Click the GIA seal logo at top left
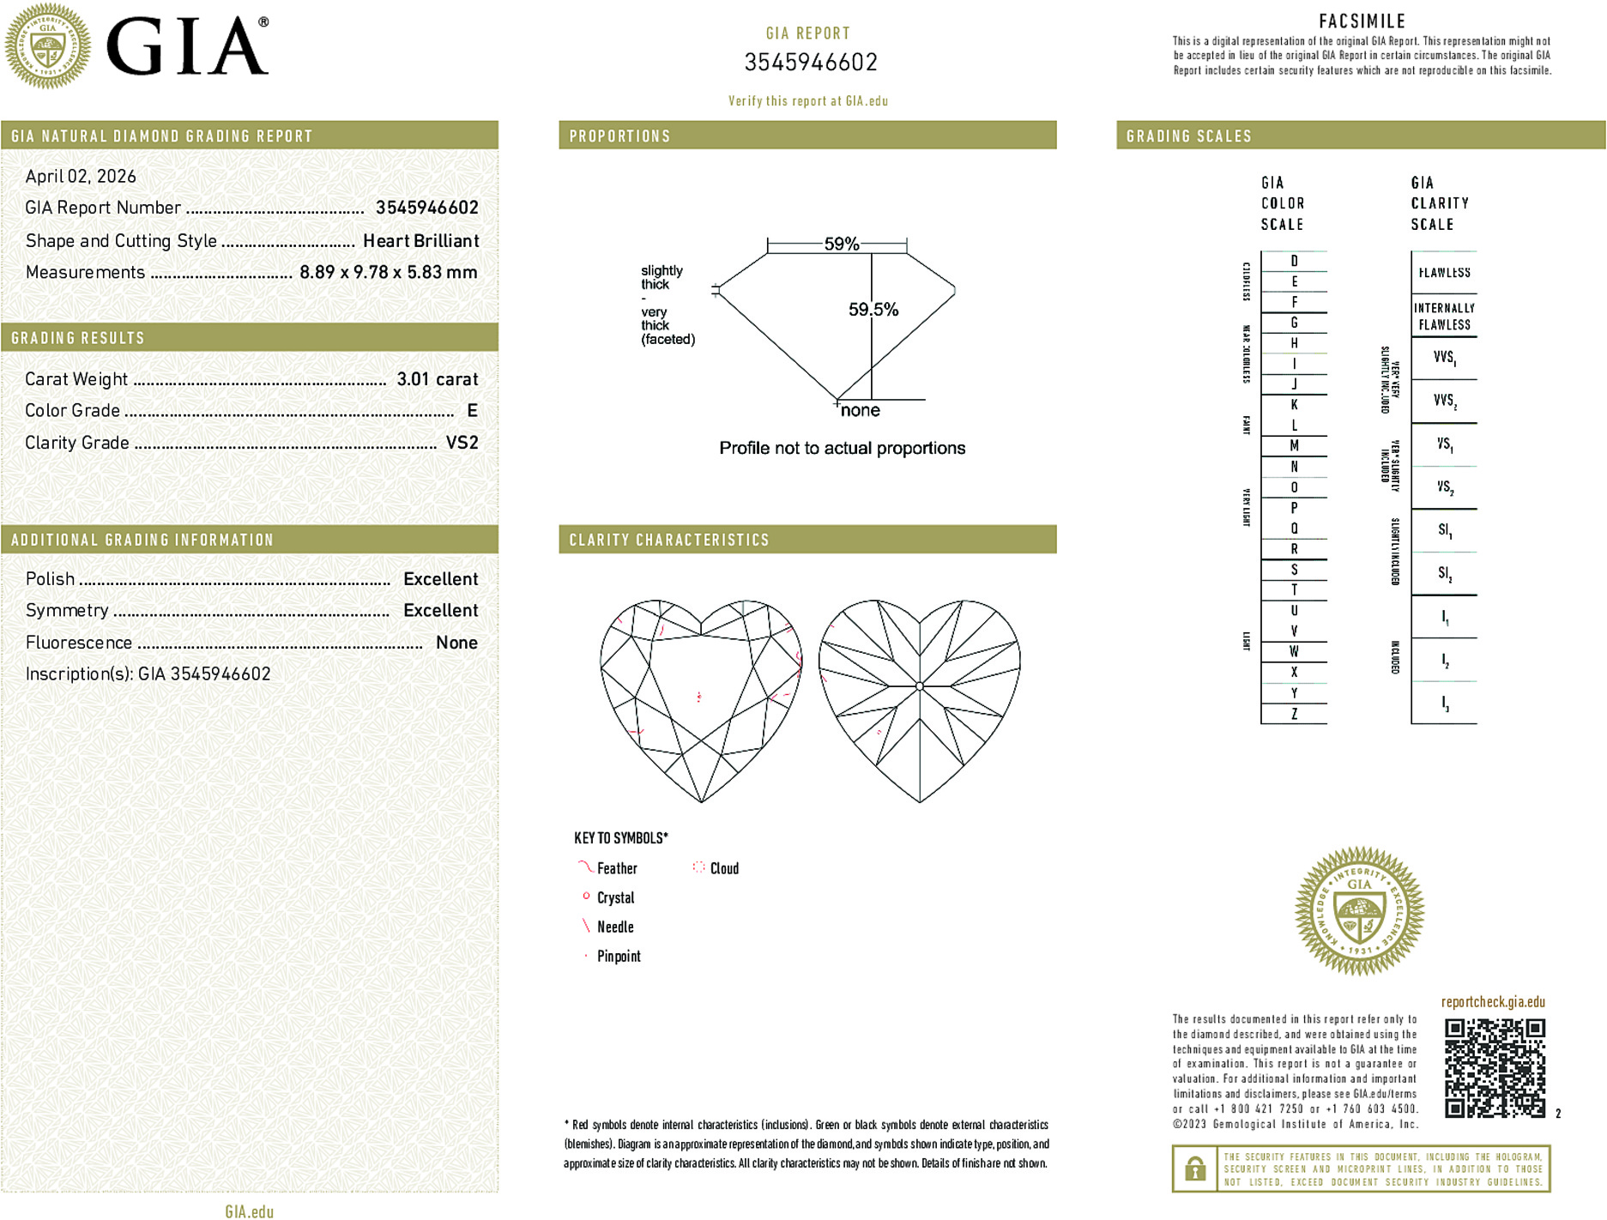tap(47, 45)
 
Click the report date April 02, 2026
tap(81, 177)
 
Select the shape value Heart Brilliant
tap(420, 241)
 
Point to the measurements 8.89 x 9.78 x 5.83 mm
tap(388, 273)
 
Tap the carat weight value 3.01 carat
tap(437, 379)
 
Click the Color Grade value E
tap(472, 411)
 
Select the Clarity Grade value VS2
tap(462, 443)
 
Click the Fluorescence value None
tap(456, 643)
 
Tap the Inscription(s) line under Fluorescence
tap(148, 674)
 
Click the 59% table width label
tap(841, 244)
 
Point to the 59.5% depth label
tap(873, 310)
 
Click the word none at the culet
tap(860, 411)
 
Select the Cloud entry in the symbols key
tap(723, 868)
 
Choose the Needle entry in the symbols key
tap(615, 927)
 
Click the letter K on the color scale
tap(1294, 405)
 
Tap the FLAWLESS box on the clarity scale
tap(1444, 273)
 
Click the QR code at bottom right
tap(1495, 1068)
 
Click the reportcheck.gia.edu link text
tap(1493, 1002)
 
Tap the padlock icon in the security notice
tap(1194, 1169)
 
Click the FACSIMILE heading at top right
tap(1362, 21)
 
